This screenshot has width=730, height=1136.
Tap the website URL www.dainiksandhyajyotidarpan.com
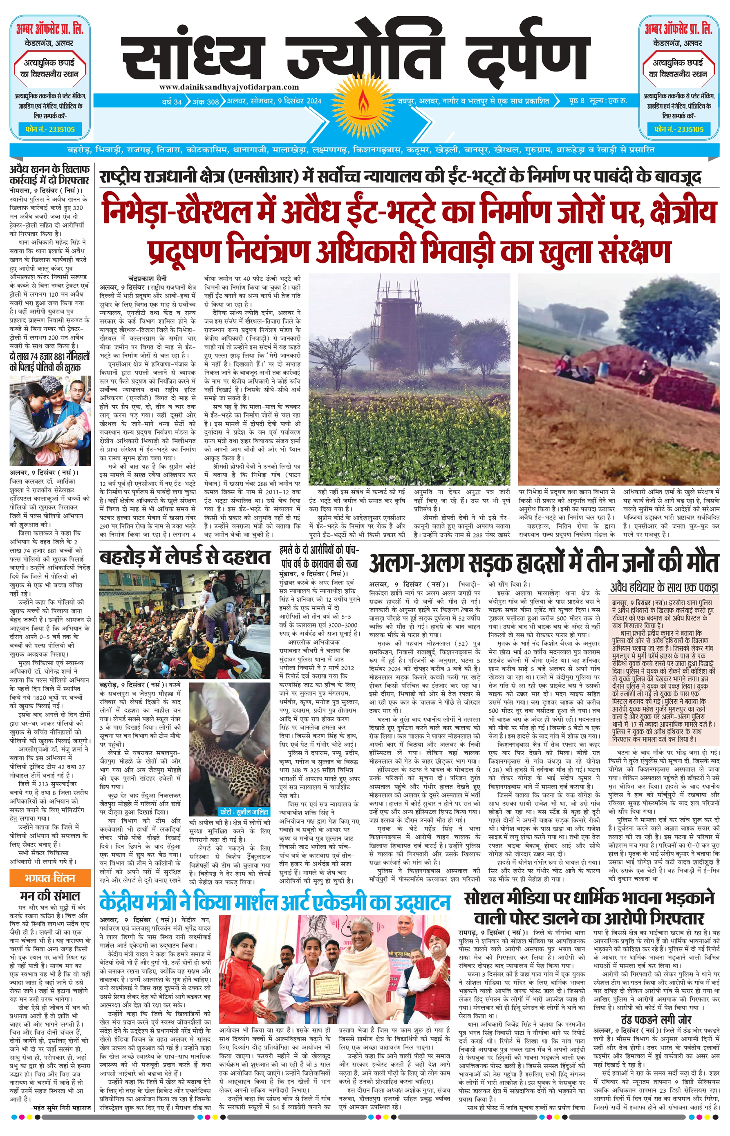point(229,87)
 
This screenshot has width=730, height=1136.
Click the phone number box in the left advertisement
point(50,129)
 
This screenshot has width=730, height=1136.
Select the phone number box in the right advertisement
point(678,129)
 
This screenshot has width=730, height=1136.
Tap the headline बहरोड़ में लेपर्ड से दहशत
point(185,557)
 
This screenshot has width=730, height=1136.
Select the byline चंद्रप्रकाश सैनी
point(148,279)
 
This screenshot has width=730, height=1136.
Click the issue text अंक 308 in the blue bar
point(205,101)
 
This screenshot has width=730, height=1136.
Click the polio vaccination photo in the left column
point(50,420)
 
